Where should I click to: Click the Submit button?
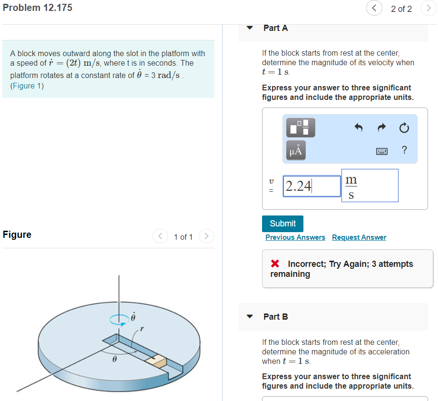click(x=282, y=224)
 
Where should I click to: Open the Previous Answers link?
click(x=295, y=237)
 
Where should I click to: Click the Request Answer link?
click(x=359, y=237)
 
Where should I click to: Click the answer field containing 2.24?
click(x=311, y=186)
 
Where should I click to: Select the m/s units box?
click(x=370, y=186)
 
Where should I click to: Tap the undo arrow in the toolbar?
click(x=359, y=128)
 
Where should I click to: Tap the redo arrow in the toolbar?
click(x=381, y=128)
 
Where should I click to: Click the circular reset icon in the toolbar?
click(x=404, y=128)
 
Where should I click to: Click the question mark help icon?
click(x=404, y=150)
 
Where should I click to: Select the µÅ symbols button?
click(x=295, y=150)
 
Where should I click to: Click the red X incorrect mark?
click(x=275, y=264)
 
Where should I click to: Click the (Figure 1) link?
click(x=27, y=86)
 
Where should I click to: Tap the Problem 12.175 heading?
click(x=38, y=8)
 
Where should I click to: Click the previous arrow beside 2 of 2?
click(x=374, y=9)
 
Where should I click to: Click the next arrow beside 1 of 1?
click(x=206, y=236)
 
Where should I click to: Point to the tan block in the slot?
click(x=156, y=361)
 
